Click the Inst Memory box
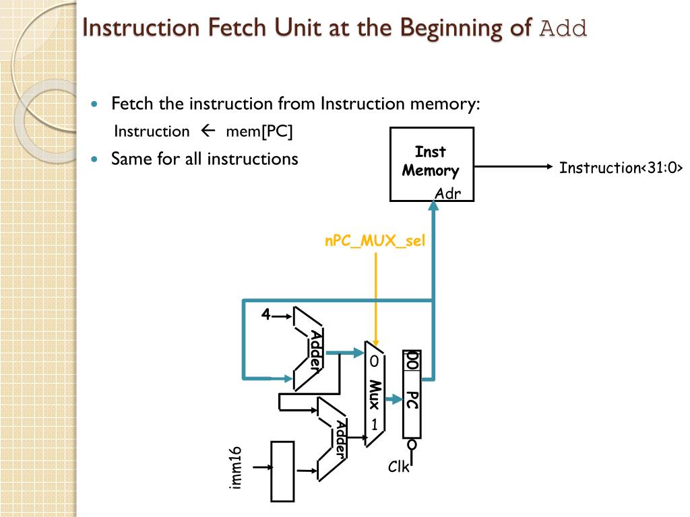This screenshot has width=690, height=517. pyautogui.click(x=431, y=164)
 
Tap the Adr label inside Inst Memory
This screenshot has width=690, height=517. pyautogui.click(x=447, y=194)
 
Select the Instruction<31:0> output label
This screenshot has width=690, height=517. pyautogui.click(x=621, y=168)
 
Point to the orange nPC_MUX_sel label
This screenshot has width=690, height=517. pyautogui.click(x=375, y=241)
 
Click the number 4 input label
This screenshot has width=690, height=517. pyautogui.click(x=266, y=314)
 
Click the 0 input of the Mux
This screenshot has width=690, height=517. pyautogui.click(x=373, y=361)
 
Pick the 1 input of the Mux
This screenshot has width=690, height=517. pyautogui.click(x=373, y=425)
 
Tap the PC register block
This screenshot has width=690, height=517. pyautogui.click(x=412, y=394)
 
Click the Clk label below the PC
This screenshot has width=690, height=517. pyautogui.click(x=398, y=467)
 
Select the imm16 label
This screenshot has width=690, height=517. pyautogui.click(x=235, y=469)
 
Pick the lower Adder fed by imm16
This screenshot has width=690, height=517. pyautogui.click(x=333, y=438)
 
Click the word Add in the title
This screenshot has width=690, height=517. pyautogui.click(x=564, y=28)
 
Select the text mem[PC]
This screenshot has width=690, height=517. pyautogui.click(x=259, y=131)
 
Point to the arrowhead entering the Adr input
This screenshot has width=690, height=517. pyautogui.click(x=435, y=208)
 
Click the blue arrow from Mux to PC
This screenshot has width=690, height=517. pyautogui.click(x=392, y=401)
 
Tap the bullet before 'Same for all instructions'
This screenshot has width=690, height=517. pyautogui.click(x=95, y=160)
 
